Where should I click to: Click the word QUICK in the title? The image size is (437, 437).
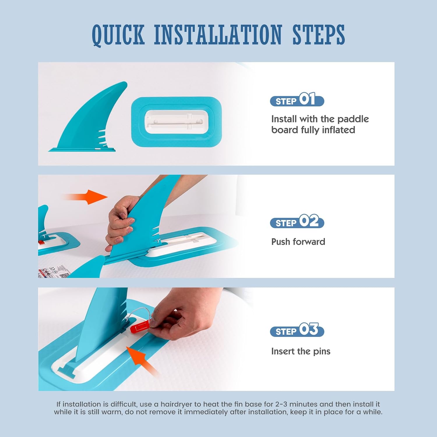click(x=118, y=35)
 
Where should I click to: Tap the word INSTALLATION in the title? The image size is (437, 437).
click(x=218, y=35)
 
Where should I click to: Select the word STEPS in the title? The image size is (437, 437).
click(x=318, y=35)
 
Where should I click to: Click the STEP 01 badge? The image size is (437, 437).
click(x=297, y=100)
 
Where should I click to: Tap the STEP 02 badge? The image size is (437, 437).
click(x=297, y=221)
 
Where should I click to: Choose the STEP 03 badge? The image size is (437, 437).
click(x=297, y=330)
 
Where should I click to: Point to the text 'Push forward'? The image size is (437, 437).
click(x=298, y=242)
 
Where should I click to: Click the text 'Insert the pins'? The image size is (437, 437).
click(x=301, y=351)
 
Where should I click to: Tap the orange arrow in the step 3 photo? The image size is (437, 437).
click(x=143, y=361)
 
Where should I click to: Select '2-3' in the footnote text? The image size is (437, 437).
click(x=281, y=404)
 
